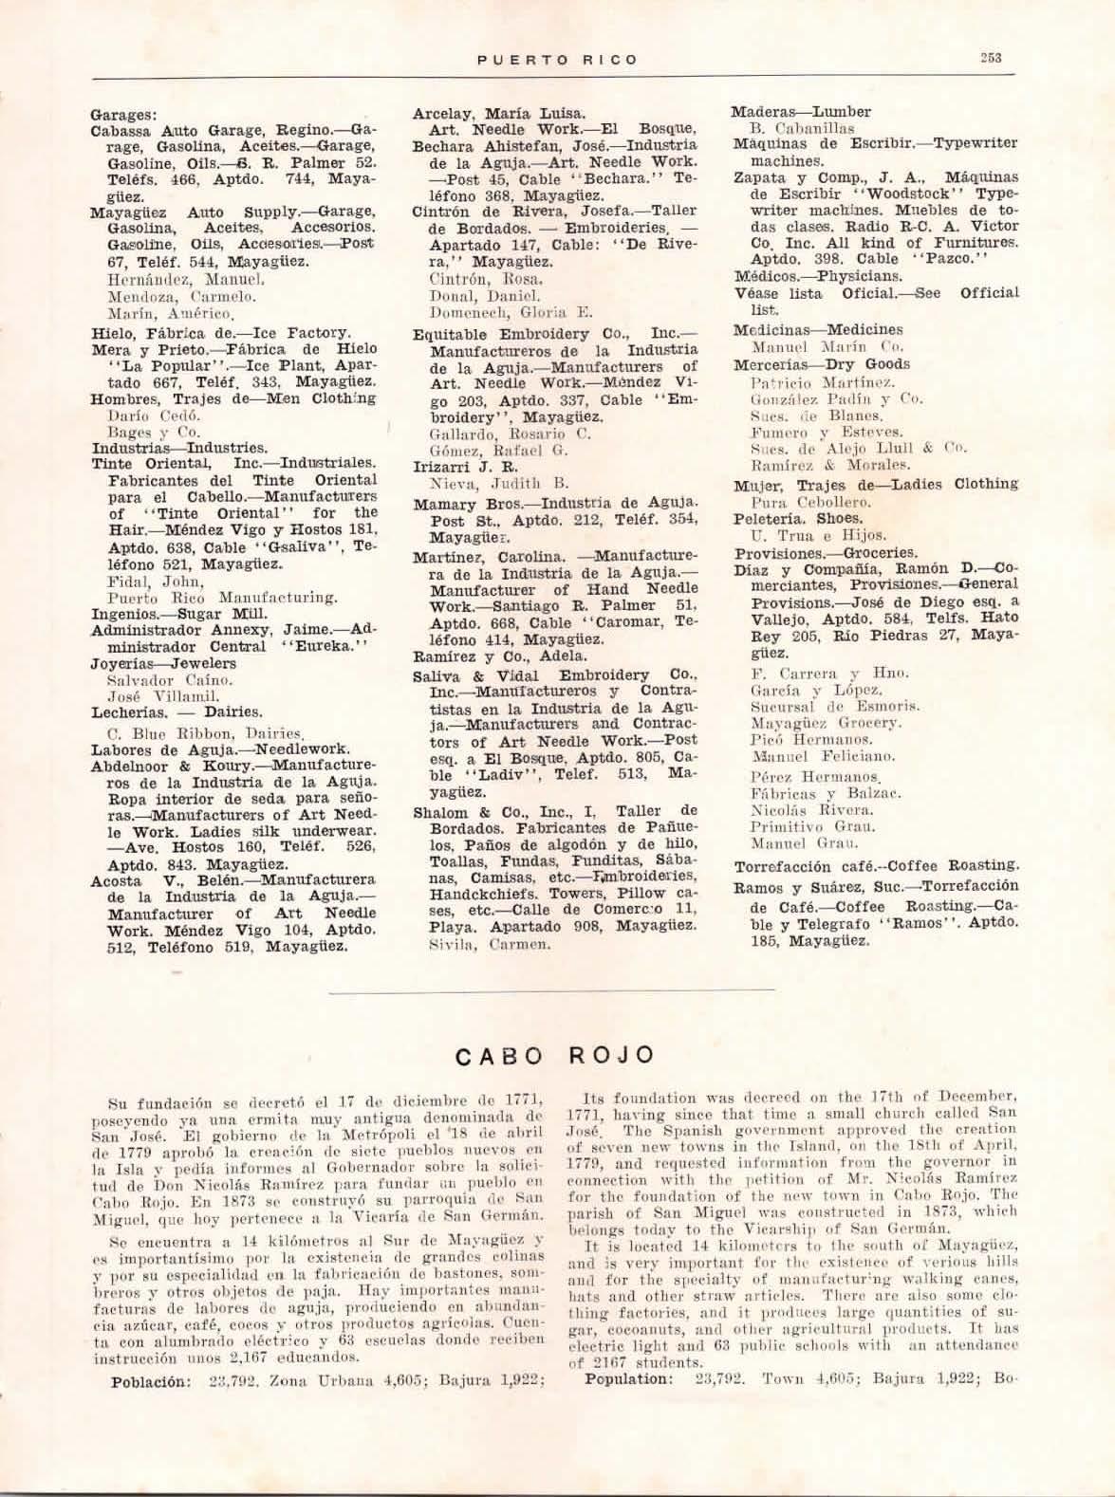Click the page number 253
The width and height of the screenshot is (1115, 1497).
pyautogui.click(x=992, y=58)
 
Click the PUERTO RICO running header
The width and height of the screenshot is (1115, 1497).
pyautogui.click(x=557, y=59)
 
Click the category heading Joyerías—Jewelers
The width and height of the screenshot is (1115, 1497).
pyautogui.click(x=163, y=663)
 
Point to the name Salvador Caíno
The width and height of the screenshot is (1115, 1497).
pyautogui.click(x=152, y=680)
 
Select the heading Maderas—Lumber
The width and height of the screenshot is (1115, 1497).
pyautogui.click(x=801, y=111)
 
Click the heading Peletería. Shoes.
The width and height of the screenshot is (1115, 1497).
pyautogui.click(x=798, y=519)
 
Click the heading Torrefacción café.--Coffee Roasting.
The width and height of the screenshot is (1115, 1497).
pyautogui.click(x=877, y=865)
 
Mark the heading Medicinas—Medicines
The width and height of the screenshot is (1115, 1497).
pyautogui.click(x=818, y=330)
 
